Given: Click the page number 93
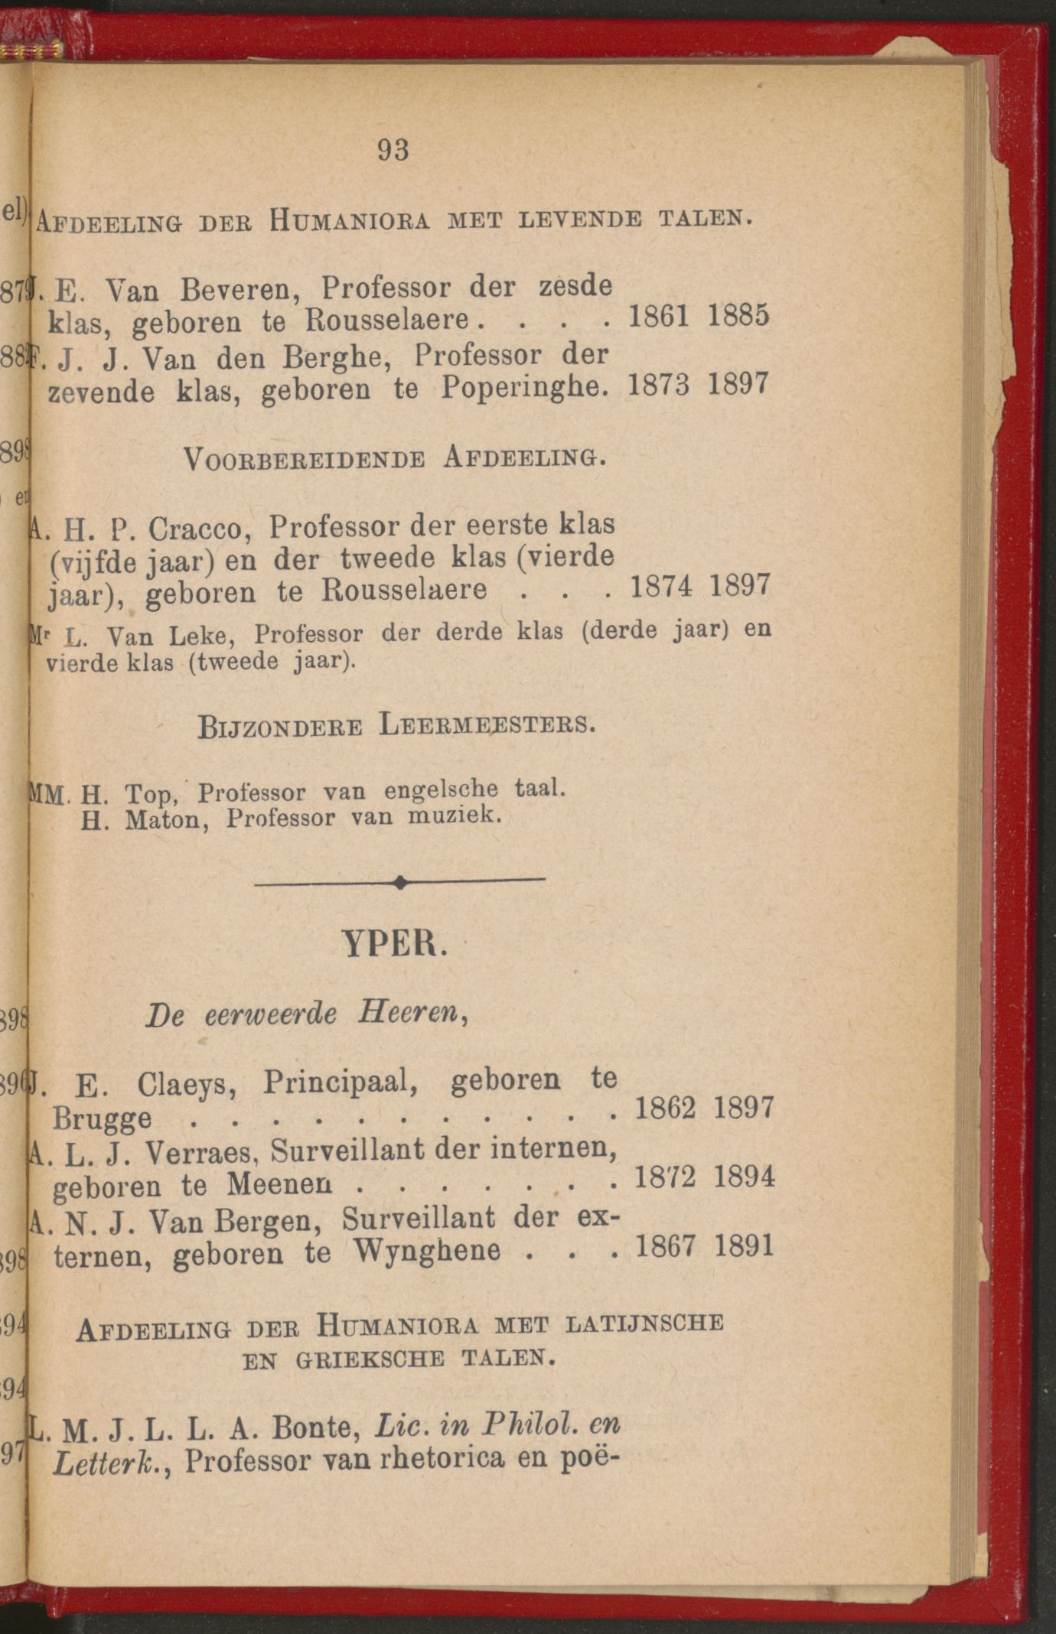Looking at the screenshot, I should click(393, 150).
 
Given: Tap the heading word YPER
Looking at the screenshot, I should click(393, 944).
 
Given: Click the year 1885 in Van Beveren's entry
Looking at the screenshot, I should click(738, 316).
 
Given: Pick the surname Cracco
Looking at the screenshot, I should click(204, 529).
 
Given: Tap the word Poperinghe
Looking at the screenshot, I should click(524, 388).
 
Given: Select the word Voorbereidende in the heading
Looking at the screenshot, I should click(304, 459).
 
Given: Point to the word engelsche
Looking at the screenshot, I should click(441, 790).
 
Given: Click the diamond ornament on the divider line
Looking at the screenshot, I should click(400, 883).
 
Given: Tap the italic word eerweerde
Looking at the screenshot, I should click(270, 1014).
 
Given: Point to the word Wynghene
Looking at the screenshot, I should click(427, 1250).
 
